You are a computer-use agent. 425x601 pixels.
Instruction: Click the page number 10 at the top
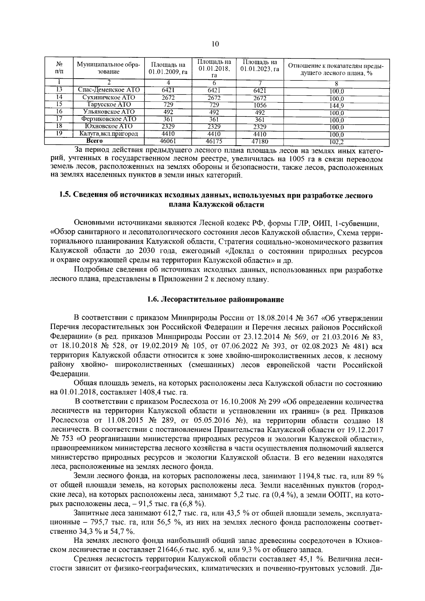coord(215,44)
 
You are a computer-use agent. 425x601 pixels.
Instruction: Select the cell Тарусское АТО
coord(109,105)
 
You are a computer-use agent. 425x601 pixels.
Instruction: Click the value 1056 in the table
coord(260,105)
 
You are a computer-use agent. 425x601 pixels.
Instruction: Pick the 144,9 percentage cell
coord(336,106)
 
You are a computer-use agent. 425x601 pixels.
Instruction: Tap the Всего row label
coord(95,141)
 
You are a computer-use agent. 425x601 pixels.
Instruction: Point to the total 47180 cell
coord(260,142)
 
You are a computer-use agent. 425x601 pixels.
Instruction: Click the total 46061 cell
coord(168,141)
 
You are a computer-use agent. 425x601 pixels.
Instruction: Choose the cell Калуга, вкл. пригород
coord(109,134)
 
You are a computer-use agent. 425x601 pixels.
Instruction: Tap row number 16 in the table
coord(59,112)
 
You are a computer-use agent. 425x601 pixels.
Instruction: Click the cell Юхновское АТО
coord(109,126)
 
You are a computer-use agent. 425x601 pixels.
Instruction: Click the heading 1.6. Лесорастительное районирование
coord(215,300)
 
